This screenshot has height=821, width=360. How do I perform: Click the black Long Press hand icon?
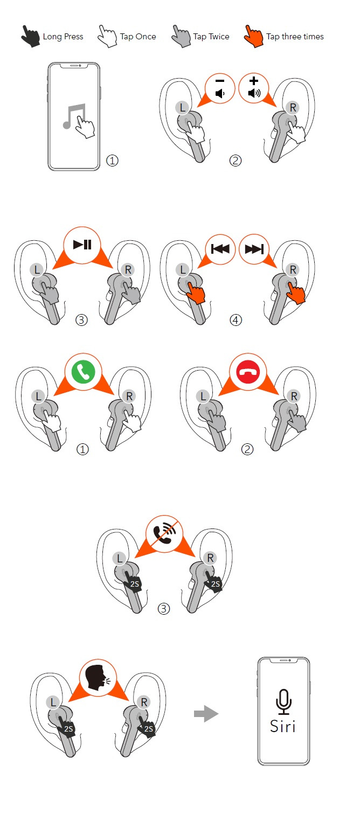[x=30, y=36]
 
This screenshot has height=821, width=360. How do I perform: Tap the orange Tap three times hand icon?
[x=254, y=36]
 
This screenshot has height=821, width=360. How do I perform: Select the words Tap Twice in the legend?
[x=211, y=37]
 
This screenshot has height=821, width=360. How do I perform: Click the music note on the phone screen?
[x=74, y=116]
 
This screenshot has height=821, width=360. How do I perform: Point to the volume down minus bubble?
[x=220, y=88]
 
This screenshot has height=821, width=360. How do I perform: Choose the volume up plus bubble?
[x=254, y=88]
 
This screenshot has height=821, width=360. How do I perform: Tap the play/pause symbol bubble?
[x=82, y=245]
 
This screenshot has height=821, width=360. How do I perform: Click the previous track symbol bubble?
[x=220, y=249]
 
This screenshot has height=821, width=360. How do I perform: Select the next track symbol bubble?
[x=254, y=249]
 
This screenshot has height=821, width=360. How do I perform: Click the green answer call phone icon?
[x=83, y=372]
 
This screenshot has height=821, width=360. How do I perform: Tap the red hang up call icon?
[x=248, y=372]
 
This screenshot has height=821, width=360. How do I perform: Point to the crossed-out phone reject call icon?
[x=164, y=534]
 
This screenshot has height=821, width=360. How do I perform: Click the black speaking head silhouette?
[x=95, y=678]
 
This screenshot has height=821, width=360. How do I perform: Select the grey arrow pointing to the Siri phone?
[x=206, y=714]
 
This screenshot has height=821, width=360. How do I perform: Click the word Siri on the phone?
[x=282, y=726]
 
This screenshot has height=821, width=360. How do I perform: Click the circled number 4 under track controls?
[x=236, y=320]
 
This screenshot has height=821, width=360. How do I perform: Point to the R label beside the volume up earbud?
[x=293, y=108]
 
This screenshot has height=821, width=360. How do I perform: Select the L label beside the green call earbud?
[x=38, y=396]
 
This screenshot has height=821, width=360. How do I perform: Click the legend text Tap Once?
[x=138, y=37]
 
